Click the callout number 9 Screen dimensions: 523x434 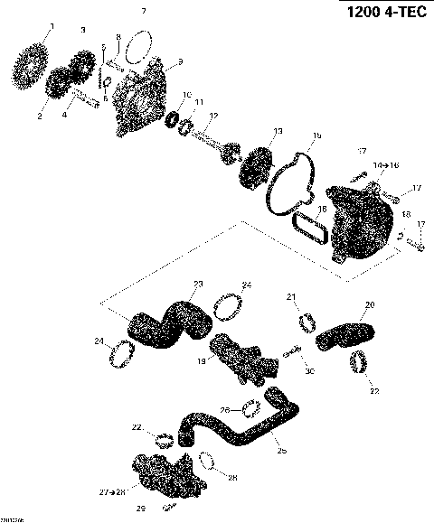181,61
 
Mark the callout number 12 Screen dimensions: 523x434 213,115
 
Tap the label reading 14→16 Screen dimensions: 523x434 382,165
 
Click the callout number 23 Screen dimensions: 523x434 198,284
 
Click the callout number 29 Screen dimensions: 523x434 140,509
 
